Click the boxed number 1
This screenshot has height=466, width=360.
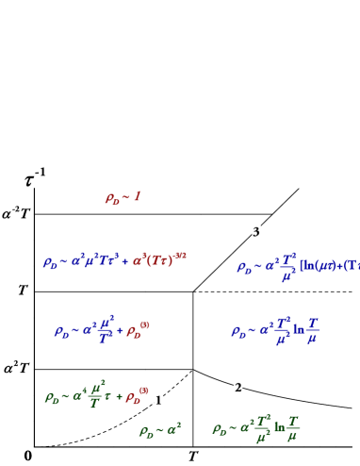(x=158, y=401)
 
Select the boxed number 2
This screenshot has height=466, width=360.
(x=237, y=388)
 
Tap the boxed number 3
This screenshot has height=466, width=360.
(x=256, y=232)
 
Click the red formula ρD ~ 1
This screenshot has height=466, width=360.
(x=123, y=198)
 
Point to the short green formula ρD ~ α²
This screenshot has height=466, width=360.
(x=159, y=431)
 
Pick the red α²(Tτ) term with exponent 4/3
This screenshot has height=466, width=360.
(x=159, y=260)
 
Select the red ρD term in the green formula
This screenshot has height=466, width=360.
(x=137, y=397)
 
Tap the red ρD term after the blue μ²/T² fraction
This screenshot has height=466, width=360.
(x=137, y=330)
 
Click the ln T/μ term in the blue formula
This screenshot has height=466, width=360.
(x=306, y=330)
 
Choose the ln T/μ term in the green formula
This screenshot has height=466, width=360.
(x=286, y=429)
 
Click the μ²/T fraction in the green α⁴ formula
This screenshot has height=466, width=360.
(x=96, y=395)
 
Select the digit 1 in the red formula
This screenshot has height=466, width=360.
(x=137, y=196)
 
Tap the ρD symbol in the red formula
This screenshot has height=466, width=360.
(x=112, y=199)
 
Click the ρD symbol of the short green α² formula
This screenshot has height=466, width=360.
(x=146, y=432)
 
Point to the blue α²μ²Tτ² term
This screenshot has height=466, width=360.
(x=95, y=261)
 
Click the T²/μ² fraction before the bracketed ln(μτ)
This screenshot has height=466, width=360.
(x=287, y=267)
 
